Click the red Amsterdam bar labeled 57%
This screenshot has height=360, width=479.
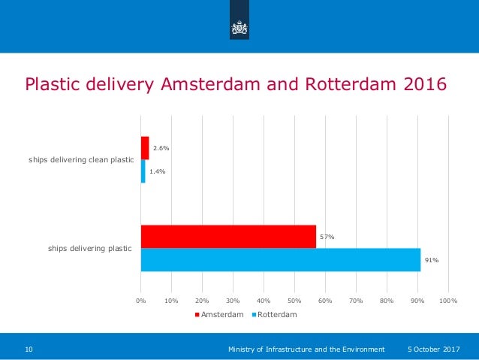(x=228, y=237)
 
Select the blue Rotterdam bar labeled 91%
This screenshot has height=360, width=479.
(x=280, y=260)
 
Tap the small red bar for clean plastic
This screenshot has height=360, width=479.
(x=145, y=148)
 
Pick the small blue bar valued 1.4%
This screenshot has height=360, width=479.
(x=143, y=171)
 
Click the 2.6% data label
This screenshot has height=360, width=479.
(x=161, y=148)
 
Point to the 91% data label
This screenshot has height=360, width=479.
(x=432, y=260)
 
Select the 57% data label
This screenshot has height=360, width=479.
(x=327, y=237)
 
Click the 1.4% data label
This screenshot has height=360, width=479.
(x=157, y=171)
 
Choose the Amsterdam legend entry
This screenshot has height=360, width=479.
(x=219, y=315)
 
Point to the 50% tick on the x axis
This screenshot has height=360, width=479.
(x=294, y=301)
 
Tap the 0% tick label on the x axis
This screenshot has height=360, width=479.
(x=141, y=301)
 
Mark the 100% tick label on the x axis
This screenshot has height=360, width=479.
(x=448, y=301)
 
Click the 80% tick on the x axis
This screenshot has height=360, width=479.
(x=387, y=301)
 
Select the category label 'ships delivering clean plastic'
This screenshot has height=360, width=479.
(x=81, y=160)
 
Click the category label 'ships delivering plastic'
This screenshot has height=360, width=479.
(x=90, y=248)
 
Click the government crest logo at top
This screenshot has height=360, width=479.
(x=239, y=28)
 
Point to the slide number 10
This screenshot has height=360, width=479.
(x=29, y=349)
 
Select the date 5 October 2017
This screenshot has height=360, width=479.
(x=433, y=349)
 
